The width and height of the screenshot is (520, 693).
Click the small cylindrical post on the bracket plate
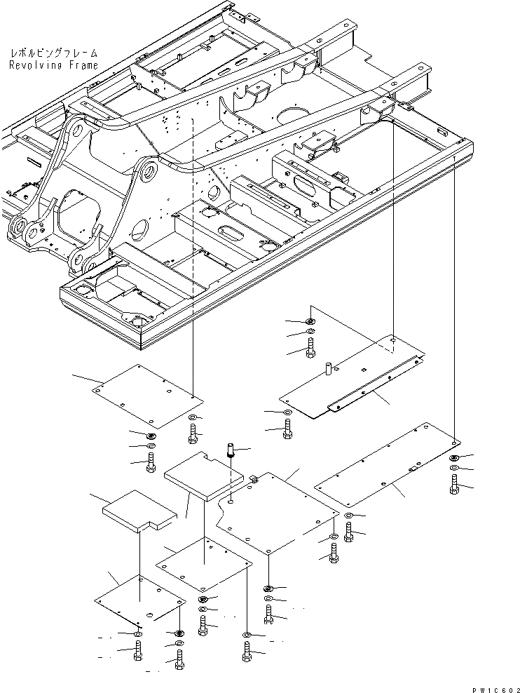tap(327, 368)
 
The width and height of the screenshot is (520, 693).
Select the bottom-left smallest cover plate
tap(139, 603)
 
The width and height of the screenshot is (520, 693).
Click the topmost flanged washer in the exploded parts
tap(310, 321)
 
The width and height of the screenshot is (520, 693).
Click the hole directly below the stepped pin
tap(232, 502)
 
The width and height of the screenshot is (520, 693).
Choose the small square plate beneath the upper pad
tap(203, 562)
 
